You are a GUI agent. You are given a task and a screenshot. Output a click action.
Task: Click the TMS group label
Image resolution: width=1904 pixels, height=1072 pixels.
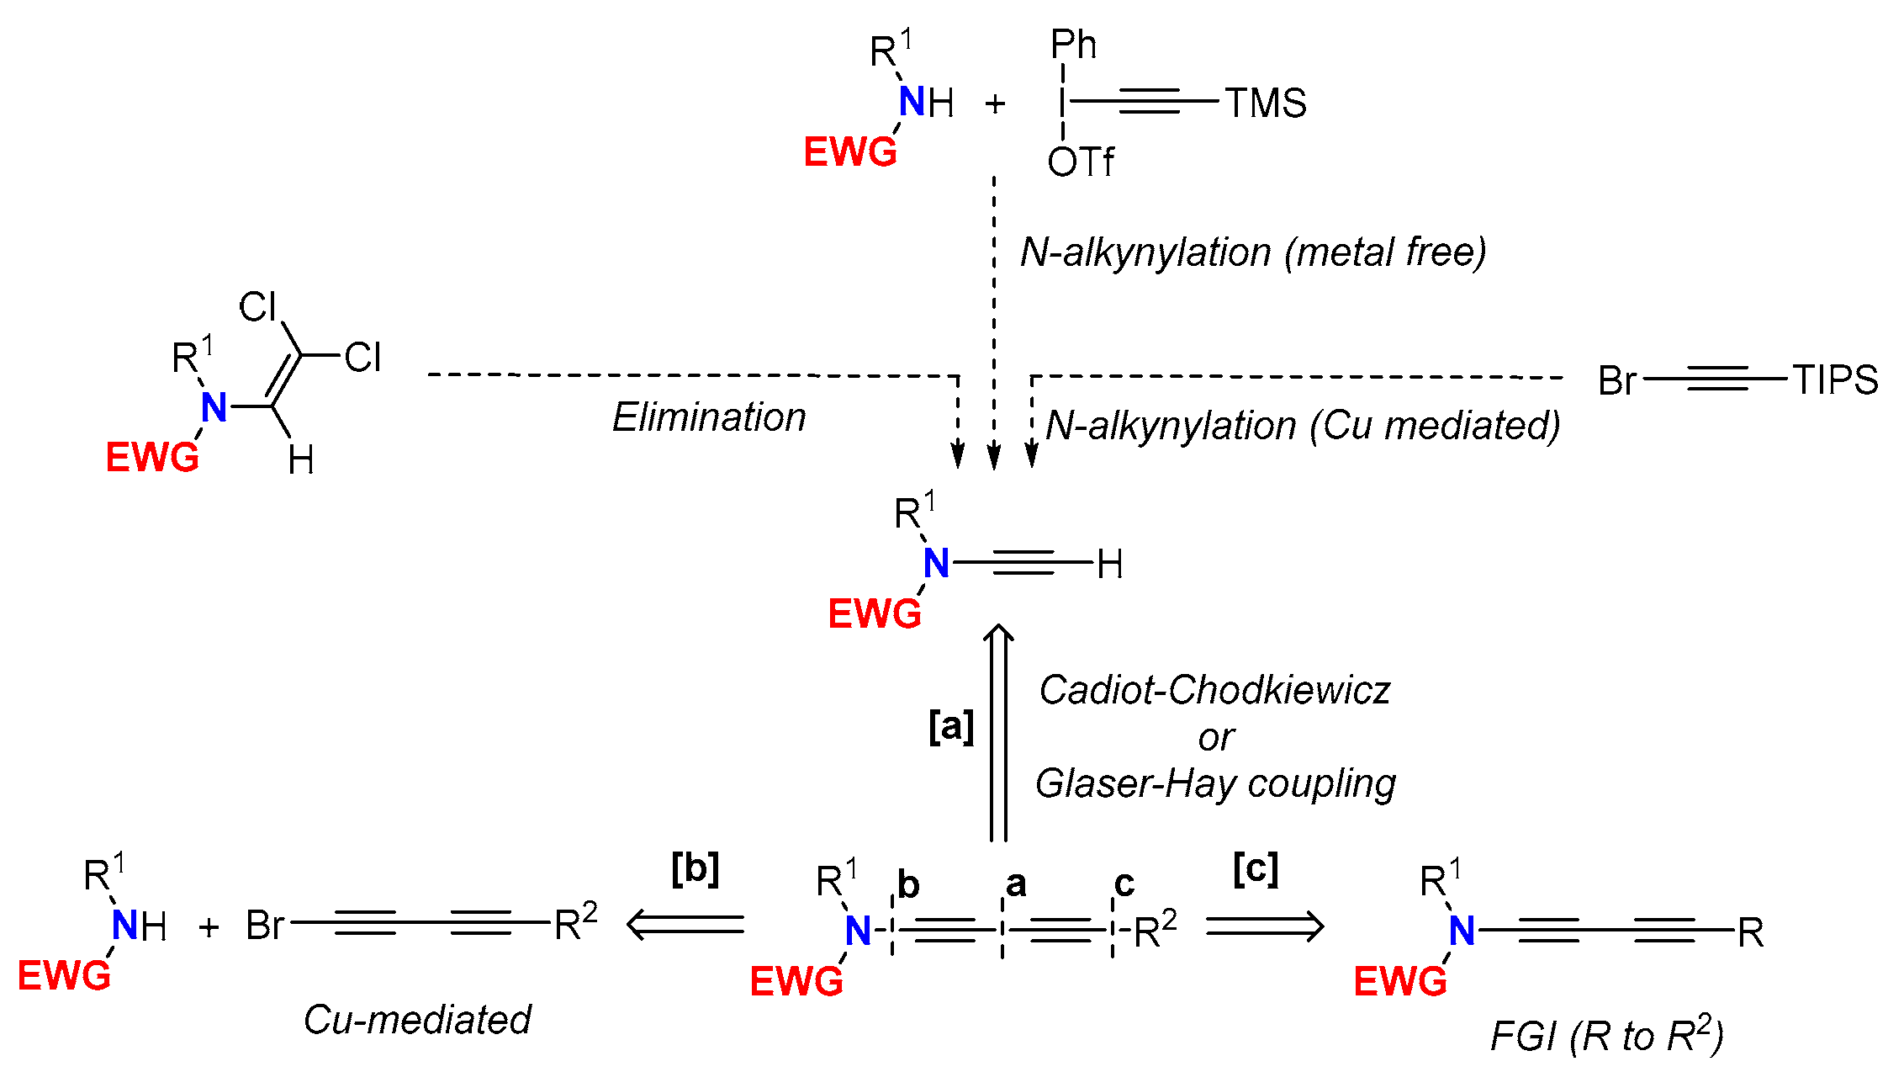tap(1265, 103)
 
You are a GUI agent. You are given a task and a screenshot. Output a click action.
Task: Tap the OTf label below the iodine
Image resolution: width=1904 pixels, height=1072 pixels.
tap(1080, 162)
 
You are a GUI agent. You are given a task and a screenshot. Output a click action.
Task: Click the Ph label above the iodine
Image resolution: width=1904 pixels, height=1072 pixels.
tap(1073, 45)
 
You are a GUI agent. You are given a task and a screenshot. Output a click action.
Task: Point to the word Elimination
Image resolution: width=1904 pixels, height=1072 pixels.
tap(708, 417)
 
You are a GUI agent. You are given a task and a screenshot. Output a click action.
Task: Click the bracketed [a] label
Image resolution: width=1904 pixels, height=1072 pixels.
tap(951, 725)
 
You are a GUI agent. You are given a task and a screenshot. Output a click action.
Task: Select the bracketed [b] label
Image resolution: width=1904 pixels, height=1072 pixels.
tap(695, 868)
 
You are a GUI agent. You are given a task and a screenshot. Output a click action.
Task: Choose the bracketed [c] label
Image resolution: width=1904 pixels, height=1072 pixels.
tap(1256, 868)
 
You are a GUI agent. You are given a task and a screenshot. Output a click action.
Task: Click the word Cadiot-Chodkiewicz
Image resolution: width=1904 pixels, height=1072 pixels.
tap(1214, 691)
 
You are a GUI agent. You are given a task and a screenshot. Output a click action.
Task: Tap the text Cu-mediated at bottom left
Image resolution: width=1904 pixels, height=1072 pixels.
tap(417, 1020)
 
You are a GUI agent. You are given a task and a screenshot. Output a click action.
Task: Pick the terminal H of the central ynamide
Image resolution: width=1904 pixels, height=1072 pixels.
tap(1110, 565)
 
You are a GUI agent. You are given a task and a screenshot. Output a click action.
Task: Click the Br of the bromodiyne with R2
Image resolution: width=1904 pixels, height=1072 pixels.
tap(265, 926)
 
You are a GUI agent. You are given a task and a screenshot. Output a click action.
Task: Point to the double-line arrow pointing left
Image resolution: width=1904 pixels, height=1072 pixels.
tap(685, 925)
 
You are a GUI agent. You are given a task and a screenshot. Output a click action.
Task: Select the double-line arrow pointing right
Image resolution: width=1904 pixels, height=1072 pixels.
tap(1264, 926)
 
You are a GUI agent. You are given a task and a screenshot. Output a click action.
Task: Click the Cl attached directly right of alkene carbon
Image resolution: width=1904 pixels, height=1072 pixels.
tap(362, 358)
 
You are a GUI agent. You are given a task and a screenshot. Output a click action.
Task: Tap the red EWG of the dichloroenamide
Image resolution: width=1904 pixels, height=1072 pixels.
tap(152, 459)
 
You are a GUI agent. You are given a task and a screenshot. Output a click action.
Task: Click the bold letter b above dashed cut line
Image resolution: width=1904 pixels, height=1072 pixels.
tap(908, 885)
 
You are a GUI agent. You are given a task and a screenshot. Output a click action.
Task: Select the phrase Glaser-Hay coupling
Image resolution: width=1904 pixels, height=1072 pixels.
tap(1214, 784)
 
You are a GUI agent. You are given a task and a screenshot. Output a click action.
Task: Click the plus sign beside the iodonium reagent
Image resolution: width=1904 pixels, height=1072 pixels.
tap(995, 104)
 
